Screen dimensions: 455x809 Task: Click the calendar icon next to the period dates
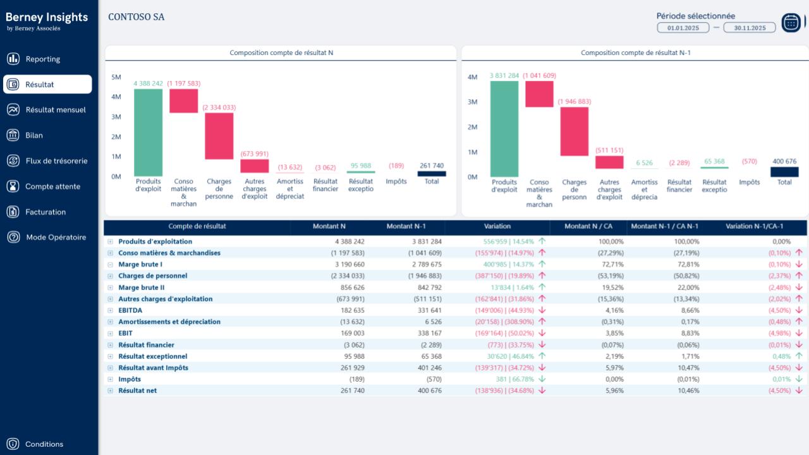pos(791,23)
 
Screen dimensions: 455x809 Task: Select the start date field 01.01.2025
pos(683,28)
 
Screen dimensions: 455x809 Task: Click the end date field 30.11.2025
pos(750,28)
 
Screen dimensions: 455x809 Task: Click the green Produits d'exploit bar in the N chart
pos(148,132)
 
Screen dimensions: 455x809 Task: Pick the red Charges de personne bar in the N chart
pos(219,136)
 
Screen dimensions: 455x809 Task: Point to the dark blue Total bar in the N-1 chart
pos(784,171)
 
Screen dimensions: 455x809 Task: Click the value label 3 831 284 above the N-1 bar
pos(504,76)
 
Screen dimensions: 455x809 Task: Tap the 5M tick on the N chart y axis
pos(116,77)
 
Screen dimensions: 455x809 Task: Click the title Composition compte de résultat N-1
pos(635,53)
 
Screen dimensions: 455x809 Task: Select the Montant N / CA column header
pos(588,226)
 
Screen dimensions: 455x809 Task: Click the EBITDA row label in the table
pos(130,310)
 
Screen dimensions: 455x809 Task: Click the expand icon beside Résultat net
pos(110,391)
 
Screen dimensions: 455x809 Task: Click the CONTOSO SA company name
pos(136,17)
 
